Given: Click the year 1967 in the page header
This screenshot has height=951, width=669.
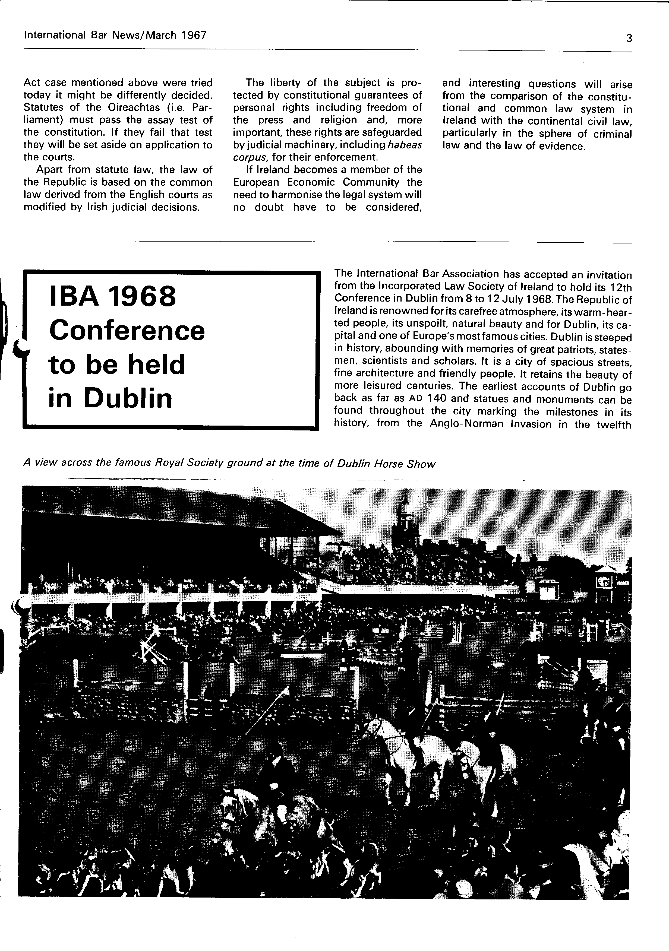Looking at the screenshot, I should tap(194, 35).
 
